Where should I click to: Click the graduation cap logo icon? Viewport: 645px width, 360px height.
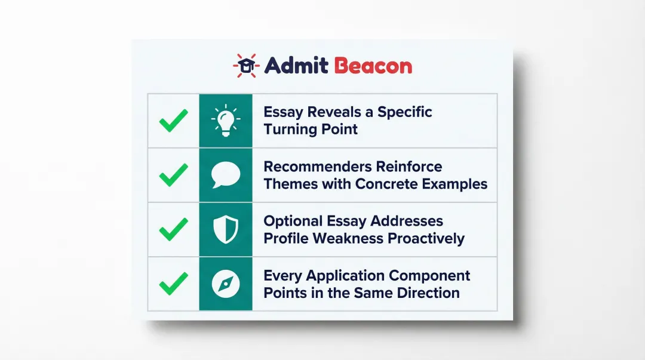pyautogui.click(x=245, y=66)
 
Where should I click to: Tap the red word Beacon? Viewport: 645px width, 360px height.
pyautogui.click(x=373, y=66)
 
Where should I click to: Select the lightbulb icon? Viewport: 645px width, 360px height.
pyautogui.click(x=226, y=120)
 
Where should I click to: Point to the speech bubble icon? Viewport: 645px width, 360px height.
pyautogui.click(x=226, y=175)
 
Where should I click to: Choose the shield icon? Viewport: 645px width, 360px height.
pyautogui.click(x=226, y=229)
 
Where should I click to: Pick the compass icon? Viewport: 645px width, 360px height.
pyautogui.click(x=226, y=284)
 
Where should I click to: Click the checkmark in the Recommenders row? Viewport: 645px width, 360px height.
pyautogui.click(x=173, y=176)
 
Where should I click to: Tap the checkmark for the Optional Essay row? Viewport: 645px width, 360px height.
pyautogui.click(x=173, y=230)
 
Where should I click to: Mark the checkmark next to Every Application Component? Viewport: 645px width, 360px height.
pyautogui.click(x=173, y=284)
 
